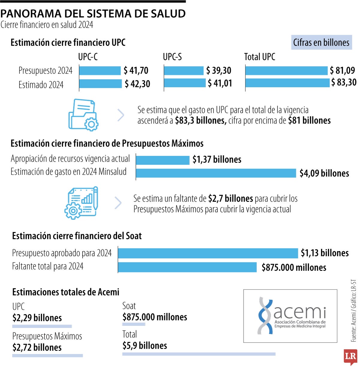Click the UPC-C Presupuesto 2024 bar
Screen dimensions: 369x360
(100, 71)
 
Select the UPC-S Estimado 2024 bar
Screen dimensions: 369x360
(185, 83)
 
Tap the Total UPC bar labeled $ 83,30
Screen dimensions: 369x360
(287, 83)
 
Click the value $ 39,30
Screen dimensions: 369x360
(219, 71)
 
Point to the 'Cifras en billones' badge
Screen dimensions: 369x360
(321, 43)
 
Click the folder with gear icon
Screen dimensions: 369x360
(83, 115)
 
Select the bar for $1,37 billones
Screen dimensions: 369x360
(163, 160)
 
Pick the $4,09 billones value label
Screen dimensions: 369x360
(324, 173)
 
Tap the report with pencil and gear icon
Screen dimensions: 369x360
(82, 203)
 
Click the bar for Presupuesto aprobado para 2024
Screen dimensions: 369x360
(208, 253)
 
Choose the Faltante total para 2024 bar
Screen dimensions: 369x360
(187, 267)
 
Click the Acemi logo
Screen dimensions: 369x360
(290, 316)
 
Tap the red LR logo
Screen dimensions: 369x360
(350, 357)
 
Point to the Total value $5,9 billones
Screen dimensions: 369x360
(145, 346)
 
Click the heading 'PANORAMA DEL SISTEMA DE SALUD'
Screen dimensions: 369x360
(93, 13)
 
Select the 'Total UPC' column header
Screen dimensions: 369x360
(259, 57)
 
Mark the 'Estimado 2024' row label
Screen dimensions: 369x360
(41, 85)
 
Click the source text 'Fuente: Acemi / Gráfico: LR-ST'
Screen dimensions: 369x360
(354, 311)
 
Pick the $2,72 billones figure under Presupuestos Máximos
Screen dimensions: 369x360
(37, 347)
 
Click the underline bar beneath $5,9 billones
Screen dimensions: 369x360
(199, 354)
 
